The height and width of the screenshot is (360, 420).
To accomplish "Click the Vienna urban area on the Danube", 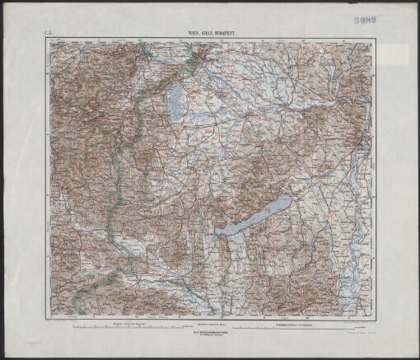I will click(x=198, y=59).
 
